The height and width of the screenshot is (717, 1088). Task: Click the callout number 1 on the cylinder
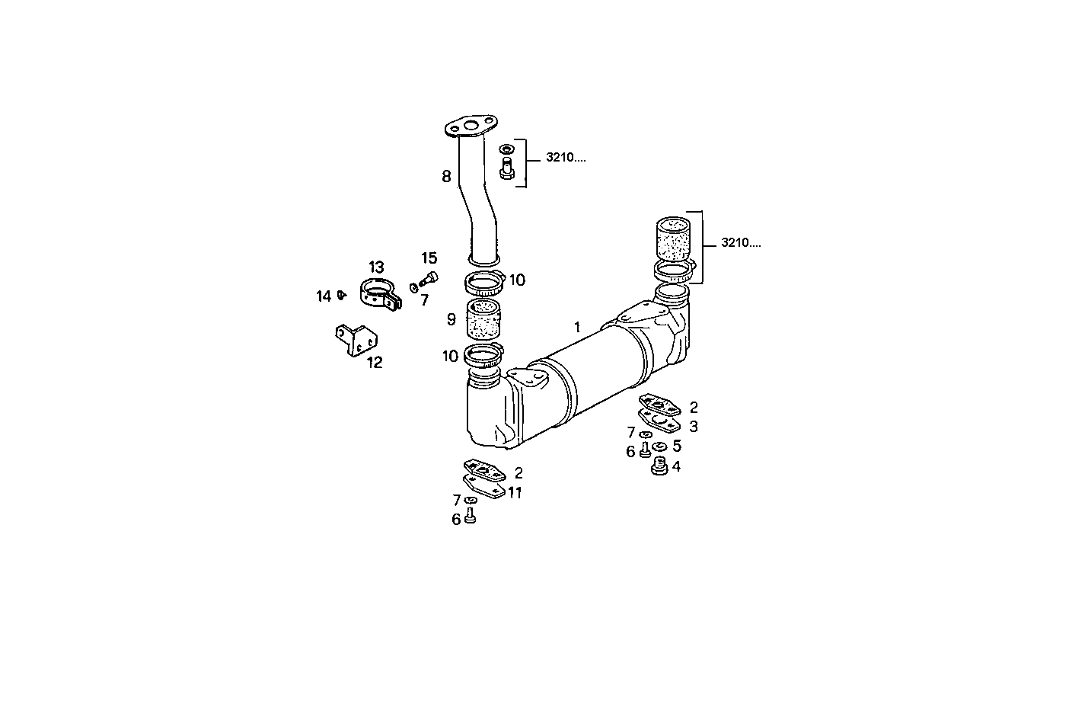point(577,327)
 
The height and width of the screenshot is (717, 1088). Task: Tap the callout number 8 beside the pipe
point(446,177)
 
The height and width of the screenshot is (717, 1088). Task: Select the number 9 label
point(451,319)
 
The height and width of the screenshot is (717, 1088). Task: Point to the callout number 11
point(515,493)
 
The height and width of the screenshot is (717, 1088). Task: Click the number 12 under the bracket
point(374,363)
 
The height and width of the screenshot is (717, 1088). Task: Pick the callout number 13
point(376,267)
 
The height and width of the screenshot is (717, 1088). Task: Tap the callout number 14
point(324,296)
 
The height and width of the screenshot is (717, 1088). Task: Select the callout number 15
point(429,258)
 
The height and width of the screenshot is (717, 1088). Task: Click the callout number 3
point(693,427)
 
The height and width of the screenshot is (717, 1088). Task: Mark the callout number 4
point(676,466)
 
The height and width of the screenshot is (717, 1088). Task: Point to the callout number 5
point(676,447)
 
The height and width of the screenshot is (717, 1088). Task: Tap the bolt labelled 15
point(429,278)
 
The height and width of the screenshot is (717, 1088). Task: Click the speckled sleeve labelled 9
point(482,320)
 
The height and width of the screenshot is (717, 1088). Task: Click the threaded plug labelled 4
point(659,466)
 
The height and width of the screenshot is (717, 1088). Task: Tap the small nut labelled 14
point(342,294)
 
